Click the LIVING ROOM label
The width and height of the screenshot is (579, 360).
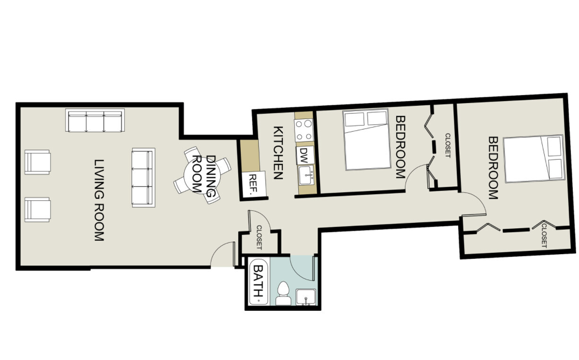click(x=99, y=201)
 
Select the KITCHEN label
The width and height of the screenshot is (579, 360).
click(x=278, y=153)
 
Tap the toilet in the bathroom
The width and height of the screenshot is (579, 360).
click(x=283, y=292)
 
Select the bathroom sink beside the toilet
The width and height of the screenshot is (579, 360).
click(x=306, y=297)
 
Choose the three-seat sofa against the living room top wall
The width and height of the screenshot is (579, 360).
click(x=95, y=121)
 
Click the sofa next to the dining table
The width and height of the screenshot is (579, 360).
click(x=143, y=177)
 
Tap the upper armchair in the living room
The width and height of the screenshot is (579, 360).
click(x=37, y=162)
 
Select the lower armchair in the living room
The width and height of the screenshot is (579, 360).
click(x=37, y=209)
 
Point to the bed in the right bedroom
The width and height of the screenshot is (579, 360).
click(x=534, y=159)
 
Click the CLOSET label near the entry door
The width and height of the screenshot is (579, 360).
click(x=259, y=238)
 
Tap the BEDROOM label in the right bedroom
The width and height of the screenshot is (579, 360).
click(x=493, y=168)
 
